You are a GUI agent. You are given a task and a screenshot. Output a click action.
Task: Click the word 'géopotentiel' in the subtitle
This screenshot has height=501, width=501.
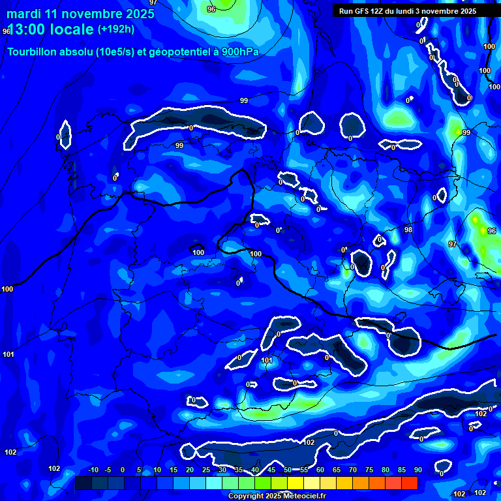tap(176, 53)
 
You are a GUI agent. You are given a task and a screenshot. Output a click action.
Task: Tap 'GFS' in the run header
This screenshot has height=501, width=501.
tap(361, 11)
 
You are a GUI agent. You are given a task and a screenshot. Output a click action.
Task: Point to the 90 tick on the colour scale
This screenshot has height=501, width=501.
tap(417, 470)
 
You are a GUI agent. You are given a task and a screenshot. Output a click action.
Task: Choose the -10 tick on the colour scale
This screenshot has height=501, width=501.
tap(93, 470)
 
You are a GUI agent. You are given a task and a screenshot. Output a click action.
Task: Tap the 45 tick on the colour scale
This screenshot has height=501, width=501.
tap(271, 470)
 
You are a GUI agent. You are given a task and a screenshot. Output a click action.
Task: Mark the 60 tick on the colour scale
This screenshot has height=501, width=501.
tap(320, 470)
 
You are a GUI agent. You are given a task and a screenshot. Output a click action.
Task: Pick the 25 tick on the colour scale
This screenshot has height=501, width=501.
tap(206, 470)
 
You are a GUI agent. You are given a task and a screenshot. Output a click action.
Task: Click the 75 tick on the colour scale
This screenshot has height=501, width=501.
tap(369, 470)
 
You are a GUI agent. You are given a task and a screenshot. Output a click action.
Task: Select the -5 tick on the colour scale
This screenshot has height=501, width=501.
tap(108, 470)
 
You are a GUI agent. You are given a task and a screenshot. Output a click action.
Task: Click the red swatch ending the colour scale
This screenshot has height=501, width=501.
tap(409, 483)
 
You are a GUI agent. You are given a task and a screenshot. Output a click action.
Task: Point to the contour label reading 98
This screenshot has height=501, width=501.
tap(408, 230)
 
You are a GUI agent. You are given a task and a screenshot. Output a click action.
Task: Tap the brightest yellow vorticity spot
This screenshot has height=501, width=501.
tap(483, 230)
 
